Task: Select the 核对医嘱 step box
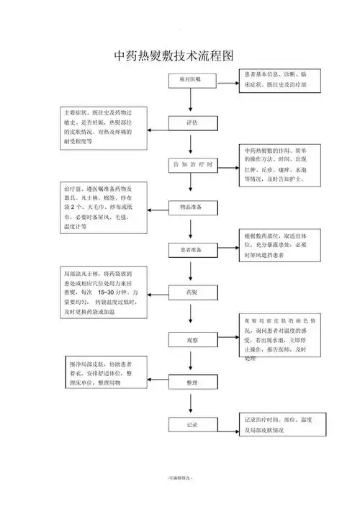189,79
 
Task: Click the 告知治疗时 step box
192,165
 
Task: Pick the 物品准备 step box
189,207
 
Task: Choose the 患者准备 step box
189,250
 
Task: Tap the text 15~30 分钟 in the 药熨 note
114,294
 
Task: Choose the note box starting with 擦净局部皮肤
104,371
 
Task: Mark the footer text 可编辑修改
180,478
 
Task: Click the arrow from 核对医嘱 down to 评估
189,101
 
